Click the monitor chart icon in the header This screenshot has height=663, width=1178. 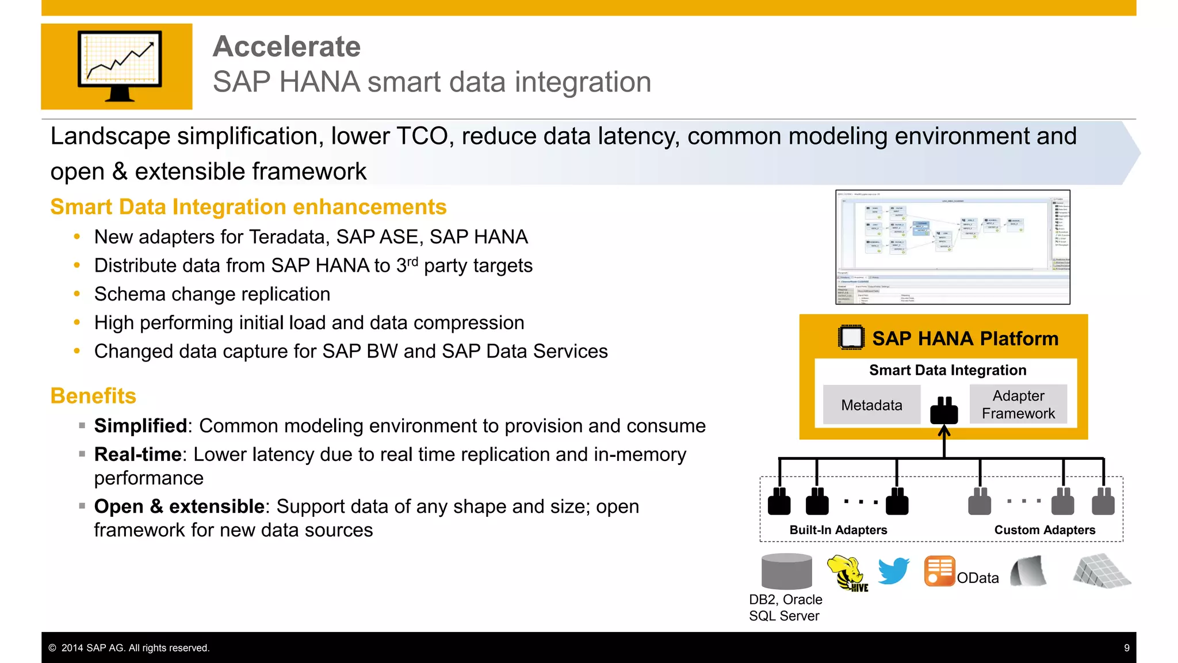[119, 65]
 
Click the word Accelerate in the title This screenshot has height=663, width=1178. [286, 47]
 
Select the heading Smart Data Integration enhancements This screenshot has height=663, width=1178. [248, 207]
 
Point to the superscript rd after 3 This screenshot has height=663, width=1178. [412, 262]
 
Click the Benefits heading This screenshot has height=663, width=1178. [93, 396]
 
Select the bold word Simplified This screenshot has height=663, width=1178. [140, 426]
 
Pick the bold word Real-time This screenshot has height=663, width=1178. [137, 455]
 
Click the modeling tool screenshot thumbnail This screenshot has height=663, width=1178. [953, 247]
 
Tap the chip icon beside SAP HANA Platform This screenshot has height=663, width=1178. [851, 338]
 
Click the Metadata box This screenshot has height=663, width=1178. [871, 405]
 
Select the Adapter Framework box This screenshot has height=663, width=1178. [1018, 405]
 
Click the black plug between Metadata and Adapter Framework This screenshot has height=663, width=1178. [944, 410]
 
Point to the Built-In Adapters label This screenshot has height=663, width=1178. [838, 530]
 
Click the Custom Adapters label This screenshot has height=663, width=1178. [1045, 530]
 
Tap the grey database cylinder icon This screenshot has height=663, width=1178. [786, 571]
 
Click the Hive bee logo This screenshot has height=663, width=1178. [847, 573]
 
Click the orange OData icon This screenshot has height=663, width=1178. [939, 571]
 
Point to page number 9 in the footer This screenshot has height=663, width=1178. [1126, 648]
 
